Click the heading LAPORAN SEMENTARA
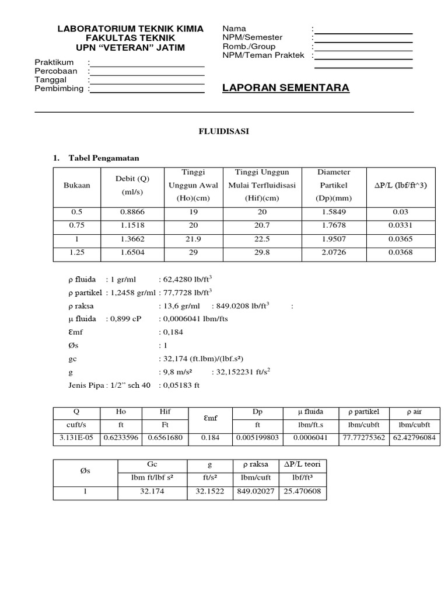point(286,88)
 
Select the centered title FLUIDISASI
point(224,132)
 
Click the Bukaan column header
point(77,186)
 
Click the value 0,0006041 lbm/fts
point(194,319)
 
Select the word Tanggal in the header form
point(51,79)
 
